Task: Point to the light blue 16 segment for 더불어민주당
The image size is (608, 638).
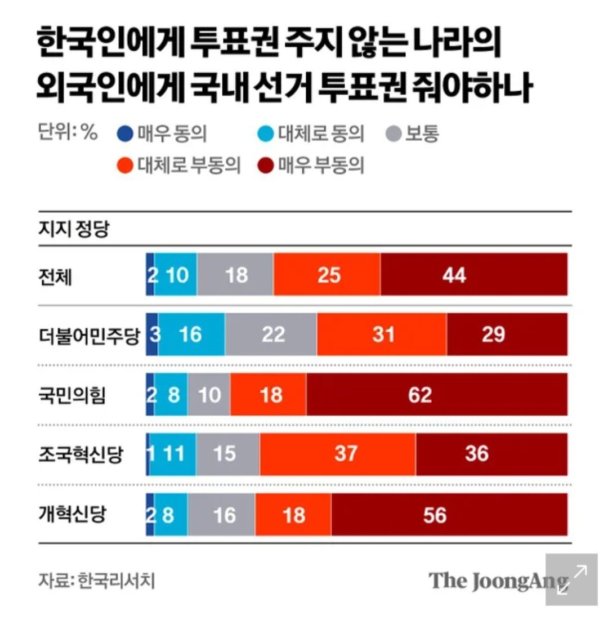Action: click(191, 334)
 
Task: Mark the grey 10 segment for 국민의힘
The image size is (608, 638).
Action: click(209, 394)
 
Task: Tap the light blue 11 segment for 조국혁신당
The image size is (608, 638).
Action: click(173, 454)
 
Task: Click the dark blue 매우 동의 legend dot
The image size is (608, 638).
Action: click(125, 135)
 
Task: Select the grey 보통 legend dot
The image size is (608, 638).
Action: click(394, 135)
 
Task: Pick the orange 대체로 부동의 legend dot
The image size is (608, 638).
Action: click(125, 166)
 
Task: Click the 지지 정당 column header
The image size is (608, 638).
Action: click(73, 229)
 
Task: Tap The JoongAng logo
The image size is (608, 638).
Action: click(498, 581)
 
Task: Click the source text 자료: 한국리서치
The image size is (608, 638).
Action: click(96, 580)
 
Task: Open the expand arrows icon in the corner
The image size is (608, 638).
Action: click(571, 579)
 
